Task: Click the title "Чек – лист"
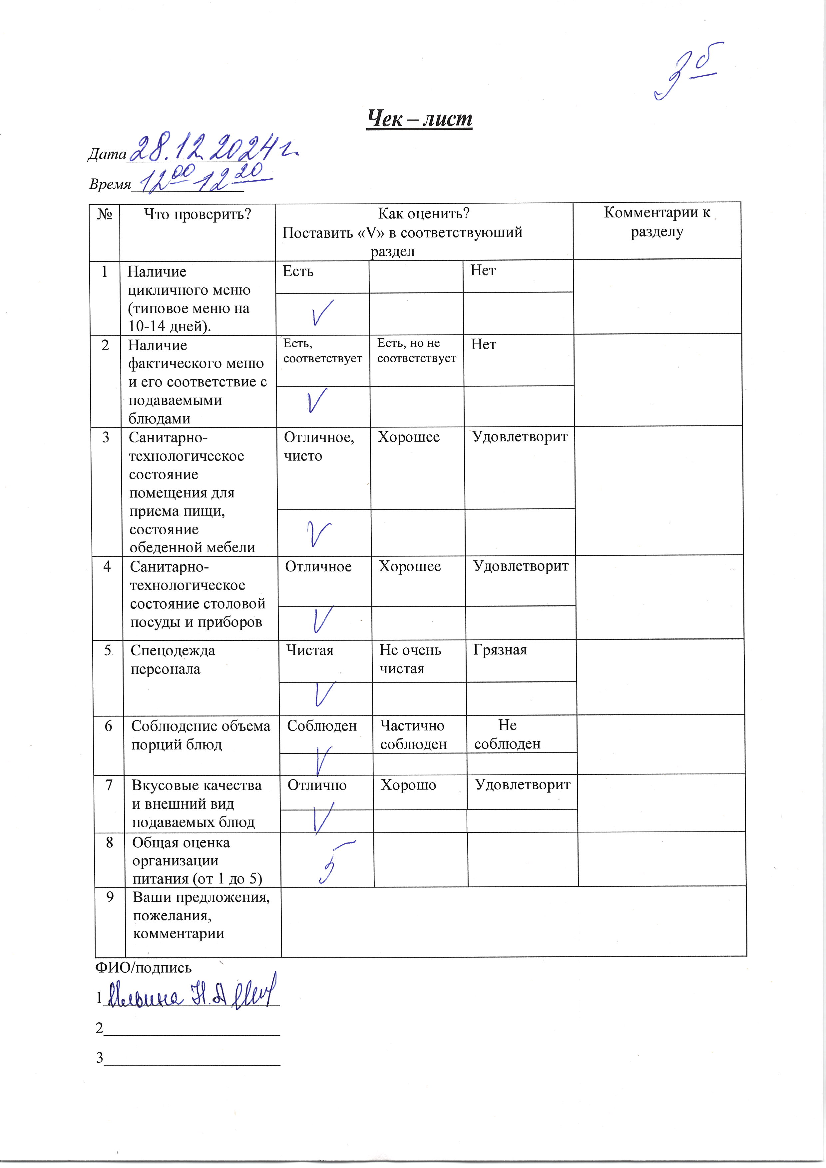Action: [419, 119]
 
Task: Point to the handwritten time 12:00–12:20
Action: [204, 178]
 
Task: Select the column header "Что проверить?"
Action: [198, 214]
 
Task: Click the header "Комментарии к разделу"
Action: [656, 222]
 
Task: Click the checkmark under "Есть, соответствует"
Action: [317, 401]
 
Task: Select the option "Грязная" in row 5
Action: [500, 650]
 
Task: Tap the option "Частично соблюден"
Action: [413, 735]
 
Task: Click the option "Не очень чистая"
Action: [410, 659]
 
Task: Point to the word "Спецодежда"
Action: [173, 650]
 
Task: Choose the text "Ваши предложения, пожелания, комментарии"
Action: [201, 915]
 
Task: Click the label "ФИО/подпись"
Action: [144, 967]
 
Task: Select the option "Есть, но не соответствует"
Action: [417, 351]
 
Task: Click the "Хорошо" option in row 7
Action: [408, 785]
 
